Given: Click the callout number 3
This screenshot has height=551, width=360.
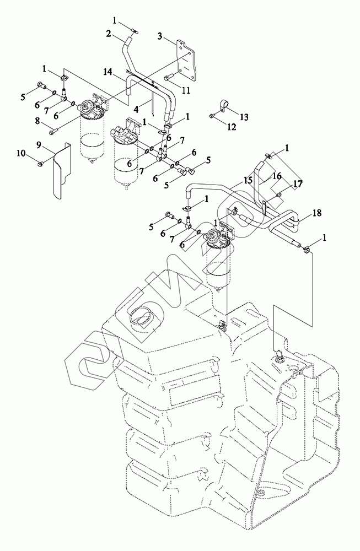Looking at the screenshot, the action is (x=160, y=36).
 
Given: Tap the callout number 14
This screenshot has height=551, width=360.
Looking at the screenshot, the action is (x=108, y=72).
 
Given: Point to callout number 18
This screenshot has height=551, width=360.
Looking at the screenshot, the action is (x=317, y=213).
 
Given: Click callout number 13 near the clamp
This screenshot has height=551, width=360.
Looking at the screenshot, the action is (x=244, y=117).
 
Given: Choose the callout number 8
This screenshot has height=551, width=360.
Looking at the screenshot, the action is (x=38, y=122).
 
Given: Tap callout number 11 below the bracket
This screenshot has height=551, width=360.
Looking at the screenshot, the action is (x=186, y=90).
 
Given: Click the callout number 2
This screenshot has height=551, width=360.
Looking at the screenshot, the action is (x=109, y=34).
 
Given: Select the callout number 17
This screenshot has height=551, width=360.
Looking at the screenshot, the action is (x=298, y=183).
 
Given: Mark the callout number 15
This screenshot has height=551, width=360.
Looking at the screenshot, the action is (x=248, y=180).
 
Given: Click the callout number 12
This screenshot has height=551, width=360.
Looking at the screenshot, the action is (x=232, y=127).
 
